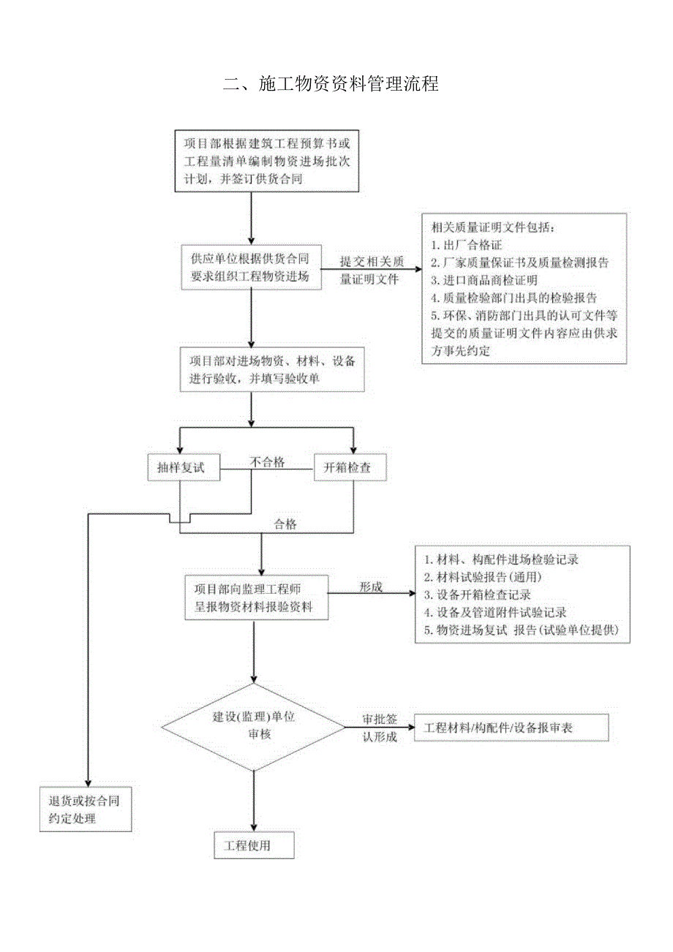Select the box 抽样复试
click(183, 468)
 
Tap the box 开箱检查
click(350, 468)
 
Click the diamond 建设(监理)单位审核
click(253, 726)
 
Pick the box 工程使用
click(253, 846)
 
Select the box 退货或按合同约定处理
click(86, 809)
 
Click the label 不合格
click(267, 462)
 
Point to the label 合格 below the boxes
click(285, 524)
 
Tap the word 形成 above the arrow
click(370, 587)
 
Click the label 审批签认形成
click(379, 729)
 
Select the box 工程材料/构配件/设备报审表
click(511, 728)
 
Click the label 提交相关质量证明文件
click(370, 270)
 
